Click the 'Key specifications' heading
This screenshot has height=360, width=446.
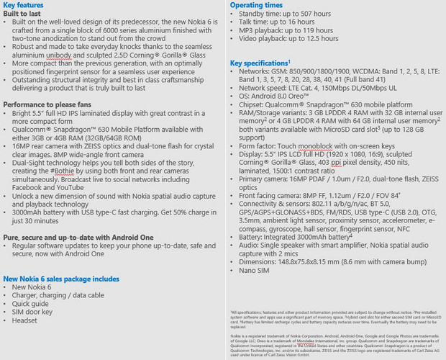tap(259, 63)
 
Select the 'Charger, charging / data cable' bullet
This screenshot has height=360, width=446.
tap(63, 295)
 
